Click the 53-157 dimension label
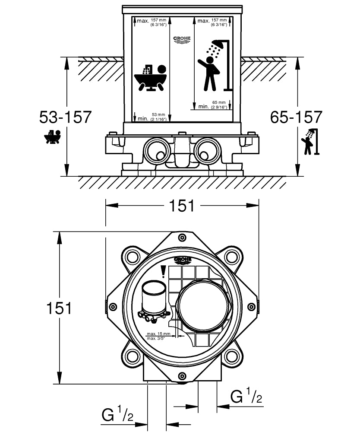pos(65,117)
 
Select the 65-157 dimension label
pos(296,117)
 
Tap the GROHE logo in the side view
pos(182,40)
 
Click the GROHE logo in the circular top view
pos(182,260)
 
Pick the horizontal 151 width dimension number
pos(182,206)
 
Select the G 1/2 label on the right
pos(246,396)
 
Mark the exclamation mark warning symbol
pos(163,272)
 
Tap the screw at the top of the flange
pos(182,238)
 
